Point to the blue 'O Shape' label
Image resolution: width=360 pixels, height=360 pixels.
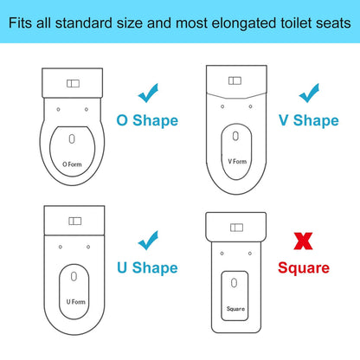click(x=148, y=119)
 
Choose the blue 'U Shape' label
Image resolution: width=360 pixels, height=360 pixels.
click(x=149, y=267)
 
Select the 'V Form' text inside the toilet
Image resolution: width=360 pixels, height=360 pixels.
click(x=236, y=161)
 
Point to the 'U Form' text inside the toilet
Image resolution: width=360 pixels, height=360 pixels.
click(x=75, y=301)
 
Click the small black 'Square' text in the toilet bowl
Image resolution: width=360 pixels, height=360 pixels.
click(x=235, y=308)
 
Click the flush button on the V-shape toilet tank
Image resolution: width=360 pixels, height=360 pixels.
click(x=235, y=80)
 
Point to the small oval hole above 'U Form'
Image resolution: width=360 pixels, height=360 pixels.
click(x=74, y=275)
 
